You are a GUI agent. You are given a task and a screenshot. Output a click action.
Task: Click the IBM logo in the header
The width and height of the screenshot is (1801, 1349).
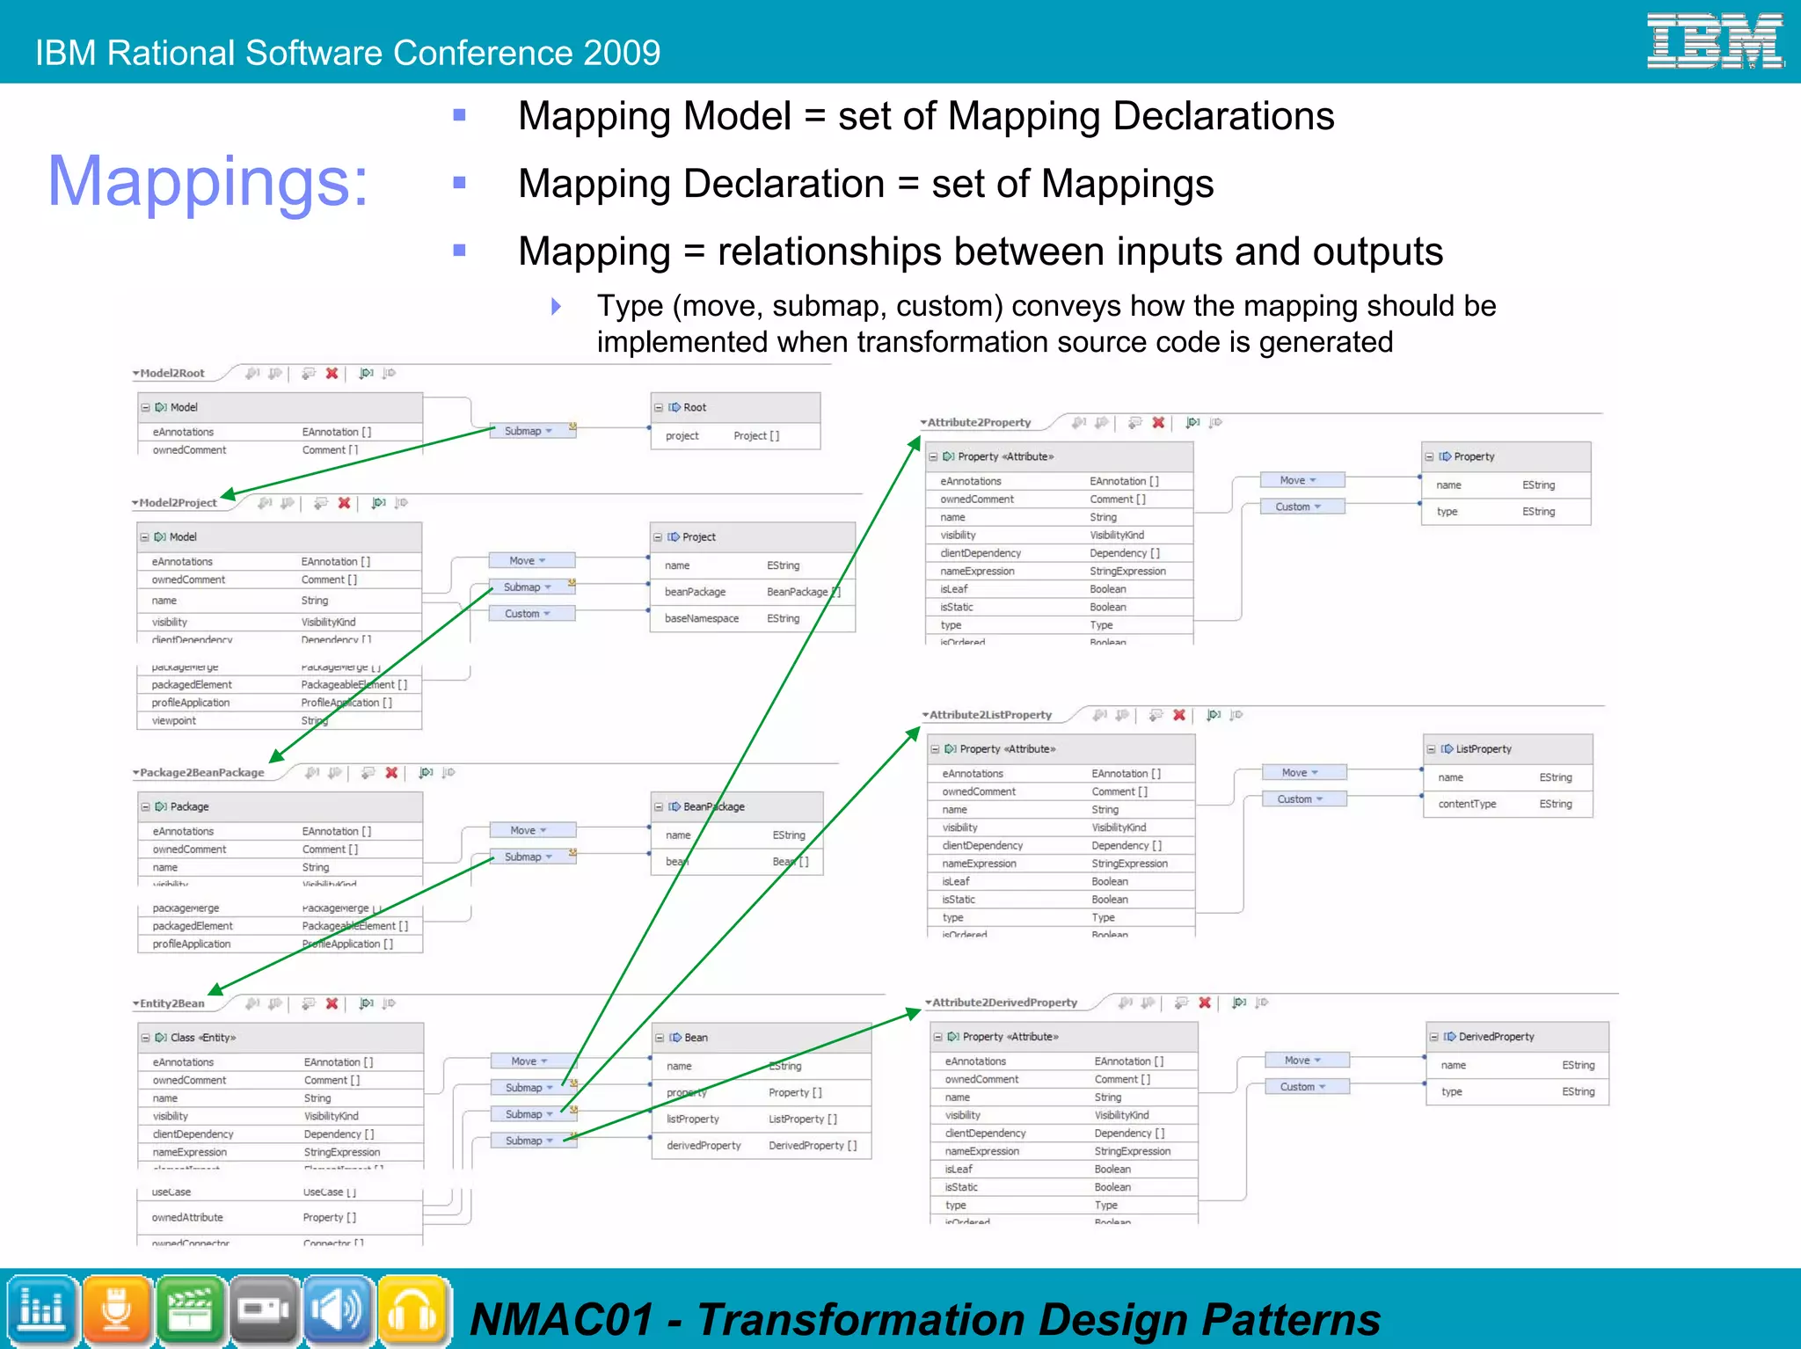point(1714,41)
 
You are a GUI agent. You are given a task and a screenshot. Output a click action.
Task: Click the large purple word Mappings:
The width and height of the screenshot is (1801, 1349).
point(208,181)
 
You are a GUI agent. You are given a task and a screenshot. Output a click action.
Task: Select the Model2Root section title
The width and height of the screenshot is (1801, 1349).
point(172,374)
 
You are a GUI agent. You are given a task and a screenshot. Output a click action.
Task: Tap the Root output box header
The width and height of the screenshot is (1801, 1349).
point(735,407)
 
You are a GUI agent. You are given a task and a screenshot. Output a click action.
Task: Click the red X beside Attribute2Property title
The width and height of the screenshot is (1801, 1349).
point(1158,423)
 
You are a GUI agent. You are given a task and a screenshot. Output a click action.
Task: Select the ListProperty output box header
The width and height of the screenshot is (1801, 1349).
point(1507,749)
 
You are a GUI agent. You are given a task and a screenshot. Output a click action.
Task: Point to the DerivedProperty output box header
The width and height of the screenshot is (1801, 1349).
point(1517,1037)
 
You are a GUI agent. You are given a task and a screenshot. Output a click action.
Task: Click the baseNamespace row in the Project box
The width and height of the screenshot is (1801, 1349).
point(752,619)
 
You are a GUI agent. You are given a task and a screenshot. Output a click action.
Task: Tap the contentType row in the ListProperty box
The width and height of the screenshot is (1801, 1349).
point(1507,804)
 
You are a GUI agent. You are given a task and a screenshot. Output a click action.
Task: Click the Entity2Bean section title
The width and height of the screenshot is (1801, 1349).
point(172,1003)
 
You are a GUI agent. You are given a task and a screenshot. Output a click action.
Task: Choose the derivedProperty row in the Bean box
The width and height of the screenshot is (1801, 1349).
point(761,1146)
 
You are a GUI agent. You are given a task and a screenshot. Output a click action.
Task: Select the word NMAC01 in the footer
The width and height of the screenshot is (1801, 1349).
point(562,1320)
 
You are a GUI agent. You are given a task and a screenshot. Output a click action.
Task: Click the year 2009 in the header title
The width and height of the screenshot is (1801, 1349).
point(621,53)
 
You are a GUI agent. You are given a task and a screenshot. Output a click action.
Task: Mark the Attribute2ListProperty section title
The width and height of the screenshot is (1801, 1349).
point(990,715)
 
